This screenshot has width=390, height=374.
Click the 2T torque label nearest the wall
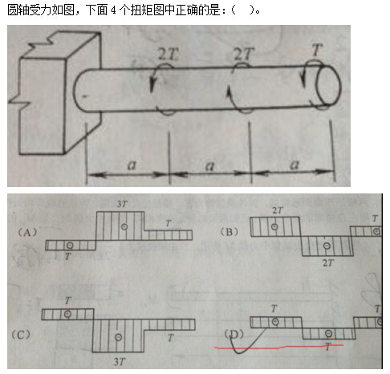click(168, 55)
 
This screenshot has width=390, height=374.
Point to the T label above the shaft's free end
click(317, 50)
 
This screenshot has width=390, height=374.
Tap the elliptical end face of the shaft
click(328, 85)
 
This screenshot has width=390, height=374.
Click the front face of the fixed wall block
click(42, 106)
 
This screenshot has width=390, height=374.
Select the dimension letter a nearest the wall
click(132, 165)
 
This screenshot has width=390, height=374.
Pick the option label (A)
click(27, 233)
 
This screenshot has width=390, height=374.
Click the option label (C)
click(21, 335)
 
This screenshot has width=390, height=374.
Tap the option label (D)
click(234, 334)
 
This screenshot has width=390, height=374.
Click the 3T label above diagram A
click(122, 204)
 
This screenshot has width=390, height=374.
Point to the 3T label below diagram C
click(120, 362)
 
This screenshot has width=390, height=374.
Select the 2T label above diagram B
click(278, 210)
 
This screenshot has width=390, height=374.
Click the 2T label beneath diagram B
click(328, 263)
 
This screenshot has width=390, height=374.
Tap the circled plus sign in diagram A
click(124, 226)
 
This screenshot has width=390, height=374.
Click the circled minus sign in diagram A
click(70, 245)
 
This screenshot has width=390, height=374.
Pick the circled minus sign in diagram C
click(119, 337)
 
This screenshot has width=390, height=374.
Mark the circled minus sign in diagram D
click(329, 333)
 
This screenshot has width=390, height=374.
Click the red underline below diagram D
click(278, 347)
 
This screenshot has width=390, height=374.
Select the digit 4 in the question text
click(113, 10)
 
